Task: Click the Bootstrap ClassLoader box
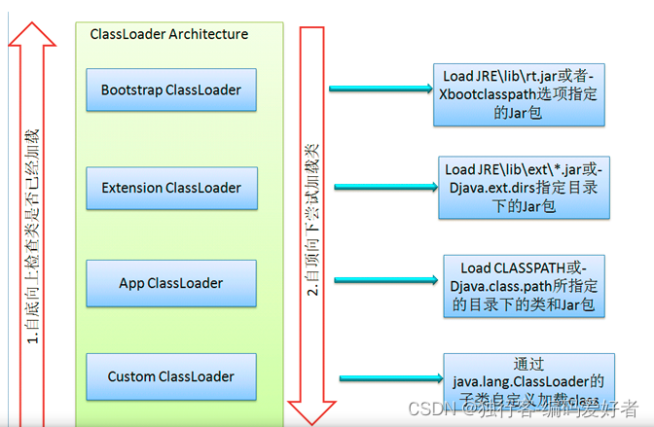[x=170, y=89]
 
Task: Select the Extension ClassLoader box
[x=170, y=187]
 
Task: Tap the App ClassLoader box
[x=170, y=283]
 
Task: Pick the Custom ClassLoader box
[x=170, y=376]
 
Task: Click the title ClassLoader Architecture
[x=168, y=34]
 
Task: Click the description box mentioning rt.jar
[x=522, y=93]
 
